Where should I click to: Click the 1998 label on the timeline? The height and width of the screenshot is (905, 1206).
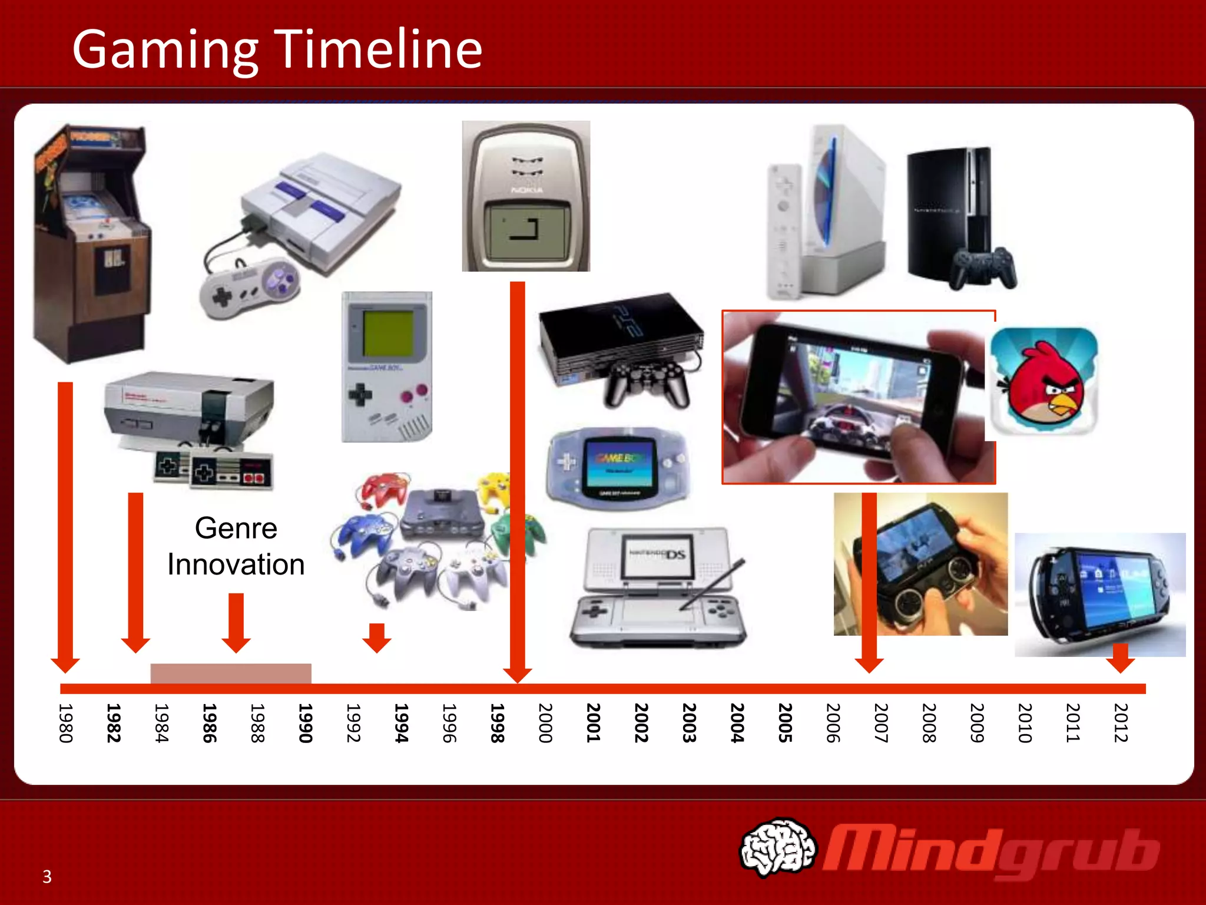click(498, 723)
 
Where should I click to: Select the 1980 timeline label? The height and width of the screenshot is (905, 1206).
click(66, 723)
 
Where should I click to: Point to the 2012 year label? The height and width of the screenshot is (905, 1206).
click(1121, 723)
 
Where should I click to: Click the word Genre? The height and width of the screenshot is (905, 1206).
click(236, 528)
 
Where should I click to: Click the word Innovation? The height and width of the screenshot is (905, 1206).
click(236, 564)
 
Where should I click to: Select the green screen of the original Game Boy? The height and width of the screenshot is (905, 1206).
click(387, 333)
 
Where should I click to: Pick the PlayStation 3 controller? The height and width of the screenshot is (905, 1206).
click(983, 269)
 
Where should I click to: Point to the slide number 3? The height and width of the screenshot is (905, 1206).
click(47, 877)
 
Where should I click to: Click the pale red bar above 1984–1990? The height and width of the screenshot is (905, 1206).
click(231, 673)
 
